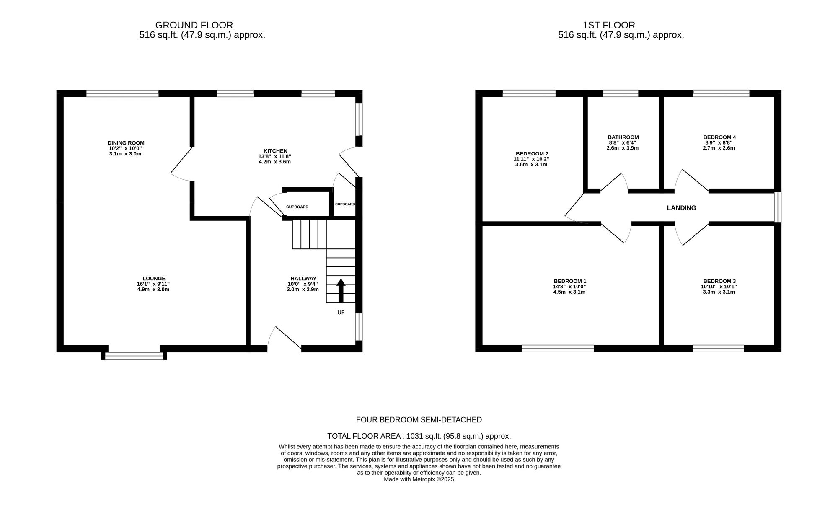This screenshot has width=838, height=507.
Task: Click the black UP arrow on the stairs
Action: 341,290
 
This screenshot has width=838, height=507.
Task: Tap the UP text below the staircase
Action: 341,313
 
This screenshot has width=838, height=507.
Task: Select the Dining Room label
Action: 126,143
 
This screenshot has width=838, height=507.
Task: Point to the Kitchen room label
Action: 275,151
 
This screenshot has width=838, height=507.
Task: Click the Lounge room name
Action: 154,279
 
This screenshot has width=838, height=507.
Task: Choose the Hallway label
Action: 303,279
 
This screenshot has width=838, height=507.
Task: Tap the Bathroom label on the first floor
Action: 623,137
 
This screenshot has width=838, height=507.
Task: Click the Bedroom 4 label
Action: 719,137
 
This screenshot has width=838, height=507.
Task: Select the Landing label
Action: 681,208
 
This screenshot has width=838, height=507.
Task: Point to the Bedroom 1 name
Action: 570,281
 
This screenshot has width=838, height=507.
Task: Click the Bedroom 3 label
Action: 719,281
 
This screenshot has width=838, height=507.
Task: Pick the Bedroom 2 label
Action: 532,153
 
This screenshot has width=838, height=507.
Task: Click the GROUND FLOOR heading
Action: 194,25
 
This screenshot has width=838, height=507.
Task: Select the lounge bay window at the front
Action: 134,356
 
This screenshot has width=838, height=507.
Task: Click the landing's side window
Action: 778,207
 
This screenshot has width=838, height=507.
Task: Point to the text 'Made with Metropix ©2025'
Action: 419,479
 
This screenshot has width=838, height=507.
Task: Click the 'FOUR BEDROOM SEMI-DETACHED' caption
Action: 419,419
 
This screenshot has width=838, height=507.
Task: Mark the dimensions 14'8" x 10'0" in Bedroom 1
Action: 570,287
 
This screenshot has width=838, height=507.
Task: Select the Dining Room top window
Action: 123,93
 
